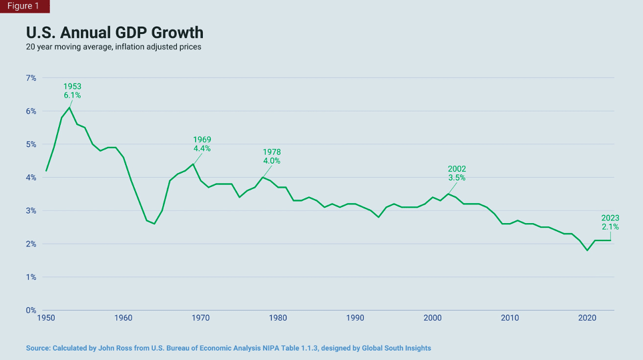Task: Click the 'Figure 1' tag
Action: click(24, 6)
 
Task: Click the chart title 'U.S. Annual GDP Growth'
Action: click(114, 33)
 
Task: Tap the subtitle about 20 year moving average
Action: click(113, 47)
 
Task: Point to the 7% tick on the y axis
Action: click(31, 78)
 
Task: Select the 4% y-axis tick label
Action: click(31, 178)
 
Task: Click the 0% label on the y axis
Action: click(31, 311)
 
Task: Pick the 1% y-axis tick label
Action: click(31, 277)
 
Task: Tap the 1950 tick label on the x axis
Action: click(46, 319)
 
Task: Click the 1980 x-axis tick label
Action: click(278, 319)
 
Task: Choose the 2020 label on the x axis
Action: click(587, 319)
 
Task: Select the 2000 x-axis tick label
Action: click(433, 319)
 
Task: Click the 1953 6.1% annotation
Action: click(72, 91)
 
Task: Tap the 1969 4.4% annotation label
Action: click(202, 144)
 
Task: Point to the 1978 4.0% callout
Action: click(272, 156)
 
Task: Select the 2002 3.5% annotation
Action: click(457, 174)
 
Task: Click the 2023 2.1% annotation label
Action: click(610, 222)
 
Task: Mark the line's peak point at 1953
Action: click(69, 108)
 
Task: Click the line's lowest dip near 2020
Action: click(587, 250)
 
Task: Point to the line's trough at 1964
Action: click(154, 224)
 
